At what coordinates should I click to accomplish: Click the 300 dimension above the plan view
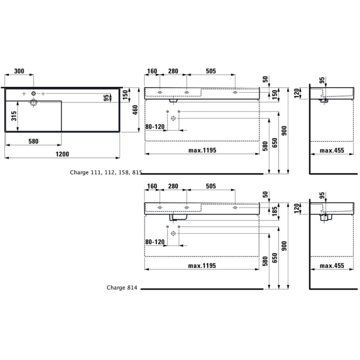[x=19, y=71]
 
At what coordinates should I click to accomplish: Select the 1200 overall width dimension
[x=62, y=154]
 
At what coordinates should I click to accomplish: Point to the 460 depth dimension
[x=135, y=110]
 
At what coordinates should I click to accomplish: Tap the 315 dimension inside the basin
[x=14, y=116]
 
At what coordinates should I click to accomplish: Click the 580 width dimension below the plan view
[x=33, y=141]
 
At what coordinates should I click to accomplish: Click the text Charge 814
[x=122, y=288]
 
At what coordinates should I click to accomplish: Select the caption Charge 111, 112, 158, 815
[x=106, y=172]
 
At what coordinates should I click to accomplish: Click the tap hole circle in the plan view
[x=33, y=94]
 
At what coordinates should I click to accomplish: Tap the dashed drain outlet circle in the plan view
[x=33, y=102]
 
